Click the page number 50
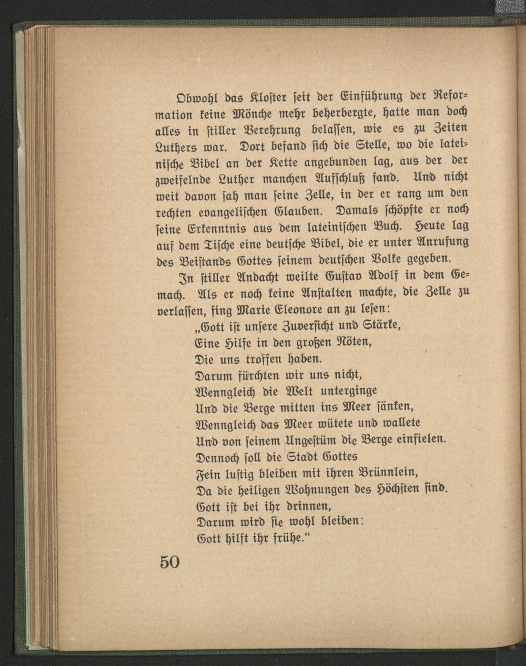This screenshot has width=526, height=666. point(170,562)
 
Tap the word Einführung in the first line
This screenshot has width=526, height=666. point(376,97)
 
